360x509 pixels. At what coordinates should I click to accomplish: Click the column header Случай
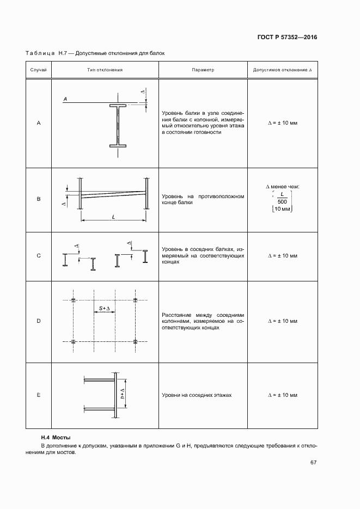coord(39,70)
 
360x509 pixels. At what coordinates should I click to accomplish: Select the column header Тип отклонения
coord(105,70)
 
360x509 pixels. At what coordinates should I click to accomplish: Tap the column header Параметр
coord(203,70)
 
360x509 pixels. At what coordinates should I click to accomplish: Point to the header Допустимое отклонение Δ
coord(282,70)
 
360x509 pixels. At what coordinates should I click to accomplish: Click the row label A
coord(39,124)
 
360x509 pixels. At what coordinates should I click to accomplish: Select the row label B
coord(39,199)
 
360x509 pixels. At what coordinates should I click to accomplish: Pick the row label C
coord(39,256)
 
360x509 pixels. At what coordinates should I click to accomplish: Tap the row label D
coord(39,321)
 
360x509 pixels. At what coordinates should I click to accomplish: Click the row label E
coord(39,395)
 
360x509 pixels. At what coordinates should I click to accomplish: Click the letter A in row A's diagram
coord(65,99)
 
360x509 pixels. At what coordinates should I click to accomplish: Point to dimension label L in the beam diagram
coord(113,217)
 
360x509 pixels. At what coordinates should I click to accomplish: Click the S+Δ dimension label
coord(105,309)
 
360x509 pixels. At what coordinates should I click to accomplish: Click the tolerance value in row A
coord(282,124)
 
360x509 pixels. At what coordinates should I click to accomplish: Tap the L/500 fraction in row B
coord(282,198)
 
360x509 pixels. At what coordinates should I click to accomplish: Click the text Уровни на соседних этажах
coord(197,395)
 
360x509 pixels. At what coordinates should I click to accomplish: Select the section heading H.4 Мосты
coord(57,437)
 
